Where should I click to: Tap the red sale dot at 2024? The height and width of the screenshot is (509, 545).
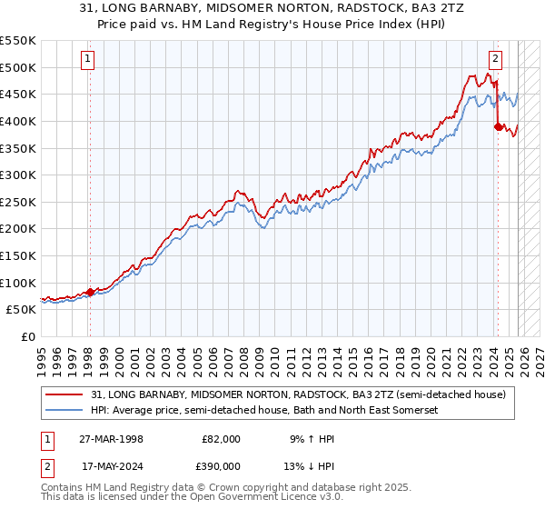click(x=498, y=126)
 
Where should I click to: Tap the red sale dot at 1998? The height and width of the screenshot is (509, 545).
click(x=91, y=292)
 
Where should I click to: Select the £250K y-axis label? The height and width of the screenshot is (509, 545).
click(x=18, y=202)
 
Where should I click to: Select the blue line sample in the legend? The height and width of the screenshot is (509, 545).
click(x=65, y=410)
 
